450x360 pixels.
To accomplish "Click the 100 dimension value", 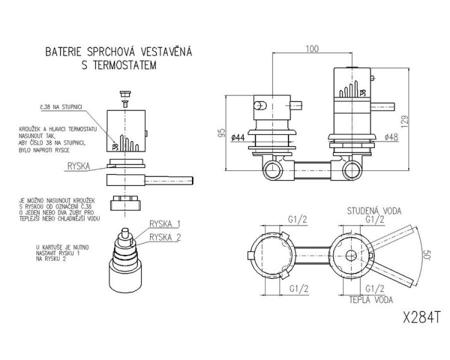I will coord(311,49).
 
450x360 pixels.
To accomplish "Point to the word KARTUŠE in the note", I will coord(55,246).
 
